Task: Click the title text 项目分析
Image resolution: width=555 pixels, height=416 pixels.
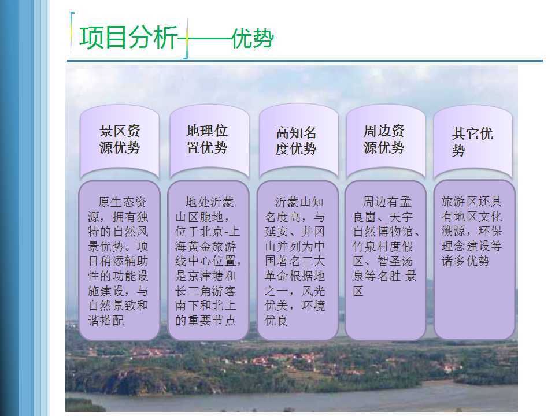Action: [x=128, y=38]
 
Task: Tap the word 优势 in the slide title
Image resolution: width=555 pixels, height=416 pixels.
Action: [x=253, y=38]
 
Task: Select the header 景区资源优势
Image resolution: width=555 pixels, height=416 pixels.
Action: [x=120, y=139]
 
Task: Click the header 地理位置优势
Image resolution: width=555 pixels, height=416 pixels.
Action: [x=207, y=139]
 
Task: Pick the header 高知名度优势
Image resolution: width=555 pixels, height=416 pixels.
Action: [x=296, y=140]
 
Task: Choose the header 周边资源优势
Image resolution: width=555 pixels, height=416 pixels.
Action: [x=384, y=139]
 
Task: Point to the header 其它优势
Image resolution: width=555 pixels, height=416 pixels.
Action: [x=472, y=142]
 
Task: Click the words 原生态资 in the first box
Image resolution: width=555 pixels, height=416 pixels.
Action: [x=122, y=202]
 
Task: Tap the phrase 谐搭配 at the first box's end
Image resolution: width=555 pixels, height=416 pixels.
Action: [x=106, y=321]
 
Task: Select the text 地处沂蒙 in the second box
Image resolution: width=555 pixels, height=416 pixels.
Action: [x=209, y=202]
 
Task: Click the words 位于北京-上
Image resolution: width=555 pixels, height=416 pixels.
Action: [x=208, y=232]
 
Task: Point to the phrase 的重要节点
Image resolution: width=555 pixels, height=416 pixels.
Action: [x=205, y=321]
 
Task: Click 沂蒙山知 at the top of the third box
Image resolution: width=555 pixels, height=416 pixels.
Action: [x=299, y=202]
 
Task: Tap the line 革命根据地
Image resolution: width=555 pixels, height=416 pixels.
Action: [x=294, y=276]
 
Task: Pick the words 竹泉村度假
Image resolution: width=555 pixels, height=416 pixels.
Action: [x=383, y=247]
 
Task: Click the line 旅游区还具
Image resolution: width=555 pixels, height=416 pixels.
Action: [x=472, y=201]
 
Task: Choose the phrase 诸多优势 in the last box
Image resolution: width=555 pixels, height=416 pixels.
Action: [x=465, y=261]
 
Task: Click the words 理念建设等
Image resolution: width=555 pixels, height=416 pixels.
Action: [x=472, y=246]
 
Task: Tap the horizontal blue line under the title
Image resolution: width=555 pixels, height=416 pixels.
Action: [x=305, y=61]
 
